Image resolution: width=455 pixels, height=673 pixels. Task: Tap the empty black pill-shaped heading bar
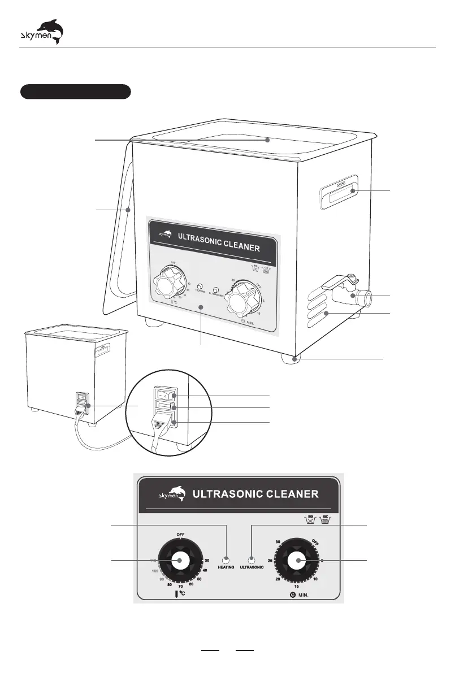76,92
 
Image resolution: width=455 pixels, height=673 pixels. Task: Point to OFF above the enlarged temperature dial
180,534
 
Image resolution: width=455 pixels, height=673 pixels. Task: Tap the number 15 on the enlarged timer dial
296,586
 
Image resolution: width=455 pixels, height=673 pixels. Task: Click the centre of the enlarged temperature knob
180,561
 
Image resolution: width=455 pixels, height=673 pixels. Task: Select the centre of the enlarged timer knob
296,561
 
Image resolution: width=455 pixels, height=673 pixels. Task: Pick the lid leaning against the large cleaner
119,237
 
